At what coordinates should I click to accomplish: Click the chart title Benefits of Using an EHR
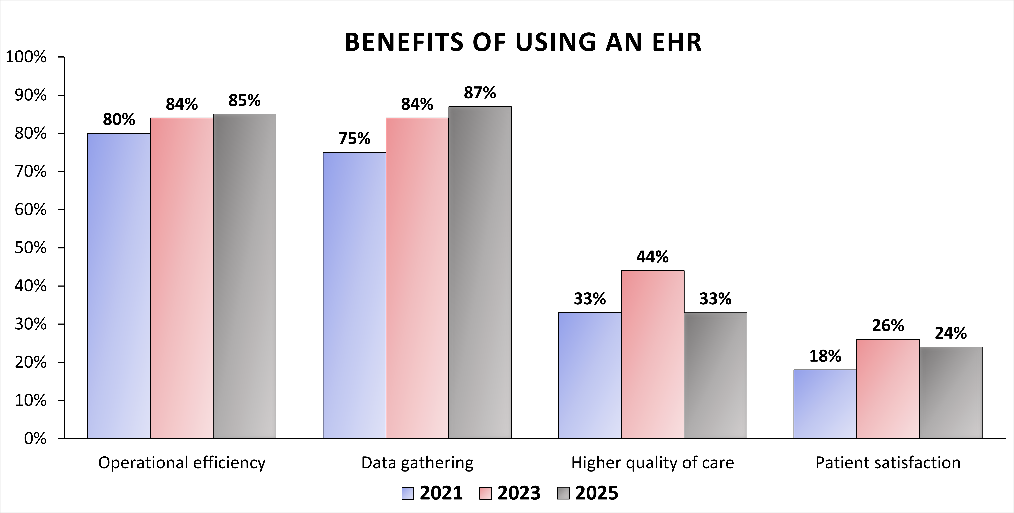tap(523, 42)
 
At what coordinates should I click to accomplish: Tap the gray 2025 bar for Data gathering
tap(480, 272)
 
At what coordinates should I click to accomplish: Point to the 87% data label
tap(480, 93)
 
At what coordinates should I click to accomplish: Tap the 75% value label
tap(354, 138)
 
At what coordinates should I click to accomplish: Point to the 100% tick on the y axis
tap(26, 57)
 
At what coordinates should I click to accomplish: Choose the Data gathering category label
tap(417, 463)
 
